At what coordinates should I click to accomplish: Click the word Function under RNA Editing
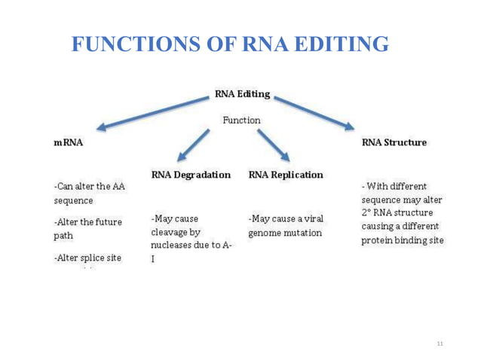[240, 120]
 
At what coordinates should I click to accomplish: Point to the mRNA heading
[69, 142]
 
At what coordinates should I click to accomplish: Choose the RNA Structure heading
[394, 142]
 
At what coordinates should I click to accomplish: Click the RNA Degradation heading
[191, 175]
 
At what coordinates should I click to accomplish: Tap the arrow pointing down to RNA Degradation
[193, 145]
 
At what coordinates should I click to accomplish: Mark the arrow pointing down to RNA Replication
[273, 145]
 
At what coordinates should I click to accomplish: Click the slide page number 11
[440, 343]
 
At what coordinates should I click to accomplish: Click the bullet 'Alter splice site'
[87, 258]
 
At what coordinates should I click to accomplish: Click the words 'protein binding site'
[403, 240]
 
